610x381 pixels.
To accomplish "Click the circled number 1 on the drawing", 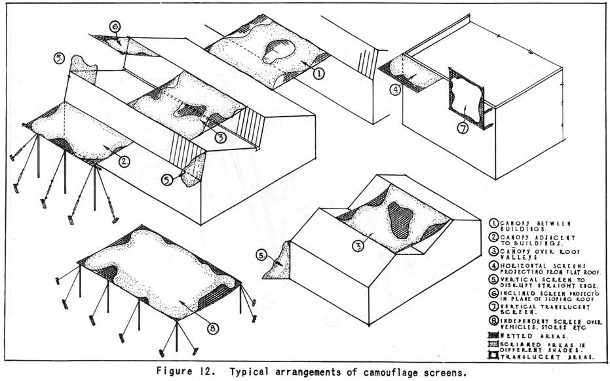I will point(318,74).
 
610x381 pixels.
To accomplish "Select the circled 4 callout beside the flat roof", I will point(395,89).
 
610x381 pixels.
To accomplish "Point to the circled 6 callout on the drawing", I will point(115,27).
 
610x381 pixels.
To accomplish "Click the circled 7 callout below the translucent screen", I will point(463,128).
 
